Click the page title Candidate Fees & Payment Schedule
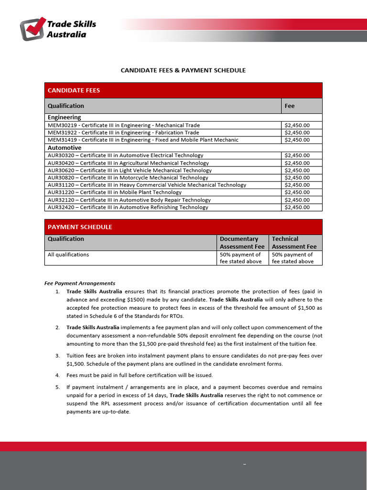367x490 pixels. tap(183, 70)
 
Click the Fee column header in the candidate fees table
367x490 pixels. tap(290, 106)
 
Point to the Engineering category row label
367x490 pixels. tap(65, 117)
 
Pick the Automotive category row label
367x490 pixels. tap(65, 148)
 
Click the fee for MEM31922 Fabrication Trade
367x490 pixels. tap(297, 133)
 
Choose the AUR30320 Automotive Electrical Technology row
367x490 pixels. tap(126, 156)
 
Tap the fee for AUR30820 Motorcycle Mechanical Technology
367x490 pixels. tap(297, 178)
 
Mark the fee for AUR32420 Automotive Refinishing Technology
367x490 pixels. tap(297, 207)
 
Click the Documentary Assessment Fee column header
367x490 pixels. tap(242, 243)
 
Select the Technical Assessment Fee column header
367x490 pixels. tap(294, 243)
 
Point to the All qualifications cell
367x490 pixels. tap(68, 255)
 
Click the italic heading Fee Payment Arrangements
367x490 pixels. tap(80, 283)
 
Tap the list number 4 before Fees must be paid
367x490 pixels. tap(57, 375)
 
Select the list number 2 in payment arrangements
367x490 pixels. tap(57, 328)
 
